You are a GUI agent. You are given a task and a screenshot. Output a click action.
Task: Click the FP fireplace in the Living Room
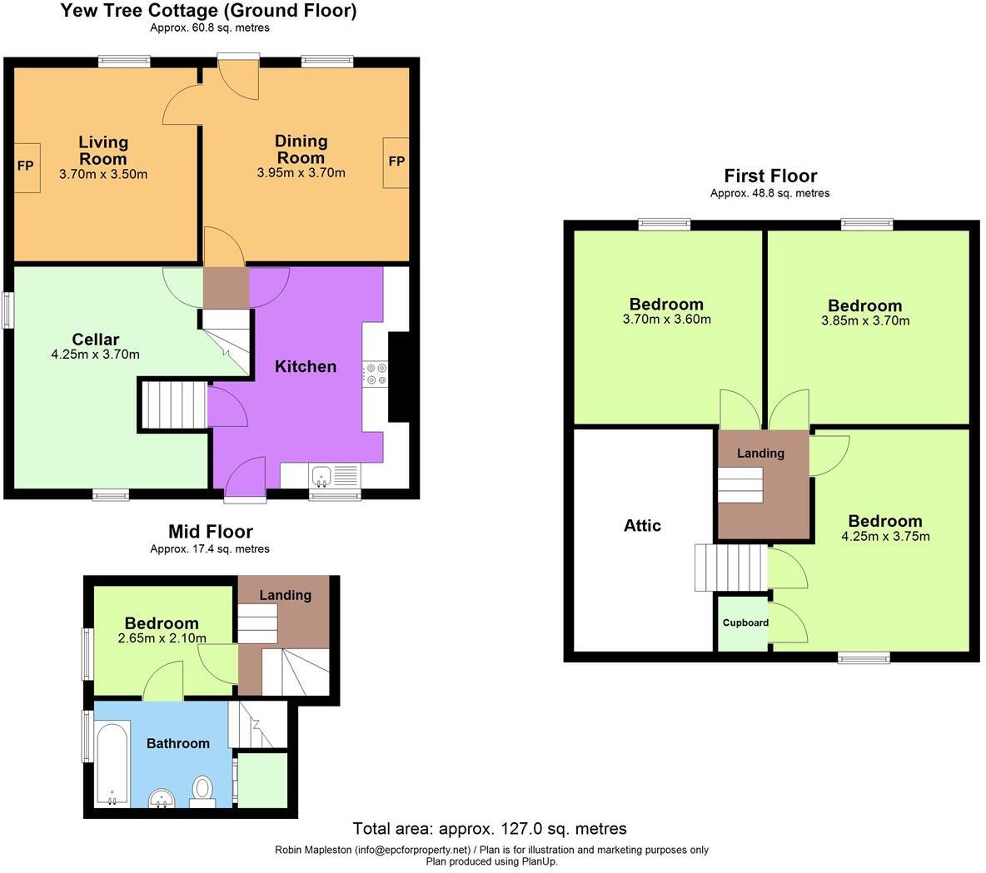(x=26, y=166)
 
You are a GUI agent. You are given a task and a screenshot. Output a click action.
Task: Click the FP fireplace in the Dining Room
(x=396, y=161)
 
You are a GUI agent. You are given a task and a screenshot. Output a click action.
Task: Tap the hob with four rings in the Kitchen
(x=376, y=374)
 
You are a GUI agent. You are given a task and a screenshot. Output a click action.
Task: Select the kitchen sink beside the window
(x=321, y=477)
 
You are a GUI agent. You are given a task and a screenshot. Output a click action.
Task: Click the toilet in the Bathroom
(x=202, y=790)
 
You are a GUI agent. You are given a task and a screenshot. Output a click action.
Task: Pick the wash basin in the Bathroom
(x=161, y=800)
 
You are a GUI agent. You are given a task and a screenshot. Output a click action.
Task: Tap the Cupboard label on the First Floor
(x=745, y=623)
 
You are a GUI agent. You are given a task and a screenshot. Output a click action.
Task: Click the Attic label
(x=642, y=525)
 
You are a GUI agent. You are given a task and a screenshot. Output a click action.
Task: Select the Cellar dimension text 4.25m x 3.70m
(x=95, y=355)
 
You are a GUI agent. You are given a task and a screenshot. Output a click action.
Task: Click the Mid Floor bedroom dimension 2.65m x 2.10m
(x=162, y=638)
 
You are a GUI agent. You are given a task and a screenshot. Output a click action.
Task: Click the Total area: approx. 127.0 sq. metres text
(x=490, y=828)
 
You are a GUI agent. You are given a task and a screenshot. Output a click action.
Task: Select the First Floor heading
(x=770, y=176)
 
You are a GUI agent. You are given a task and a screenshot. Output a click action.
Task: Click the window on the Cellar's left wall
(x=7, y=310)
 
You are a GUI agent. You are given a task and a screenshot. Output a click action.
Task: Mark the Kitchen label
(x=306, y=366)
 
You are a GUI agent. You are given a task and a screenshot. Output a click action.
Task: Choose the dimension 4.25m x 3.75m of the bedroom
(x=885, y=537)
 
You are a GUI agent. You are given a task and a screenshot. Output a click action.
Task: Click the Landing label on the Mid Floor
(x=285, y=595)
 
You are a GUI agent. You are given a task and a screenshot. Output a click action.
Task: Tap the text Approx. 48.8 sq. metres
(x=769, y=193)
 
